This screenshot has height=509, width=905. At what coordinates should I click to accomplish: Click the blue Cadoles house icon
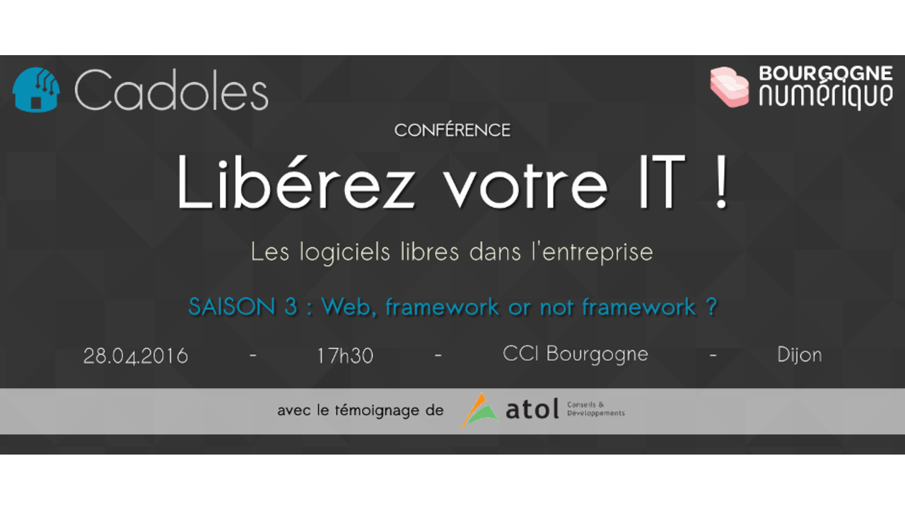click(36, 89)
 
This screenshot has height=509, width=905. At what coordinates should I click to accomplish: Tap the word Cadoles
click(171, 90)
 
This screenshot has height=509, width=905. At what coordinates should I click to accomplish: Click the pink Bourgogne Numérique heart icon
click(729, 87)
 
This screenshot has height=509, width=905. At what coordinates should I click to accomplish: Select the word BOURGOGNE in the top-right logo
click(826, 74)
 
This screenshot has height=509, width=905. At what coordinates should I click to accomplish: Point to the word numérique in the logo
click(826, 95)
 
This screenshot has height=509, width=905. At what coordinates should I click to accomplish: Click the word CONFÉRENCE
click(452, 130)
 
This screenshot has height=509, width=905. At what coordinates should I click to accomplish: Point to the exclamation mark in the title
click(721, 182)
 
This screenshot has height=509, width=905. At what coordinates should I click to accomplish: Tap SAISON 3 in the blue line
click(243, 306)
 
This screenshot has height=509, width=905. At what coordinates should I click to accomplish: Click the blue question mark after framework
click(711, 306)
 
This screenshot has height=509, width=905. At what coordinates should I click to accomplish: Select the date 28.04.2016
click(135, 356)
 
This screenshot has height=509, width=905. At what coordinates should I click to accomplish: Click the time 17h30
click(345, 356)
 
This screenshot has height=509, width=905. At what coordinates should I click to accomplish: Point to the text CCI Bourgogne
click(576, 355)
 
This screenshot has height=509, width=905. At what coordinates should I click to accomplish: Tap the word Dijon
click(800, 355)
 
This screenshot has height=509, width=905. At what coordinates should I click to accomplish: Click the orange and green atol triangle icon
click(480, 411)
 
